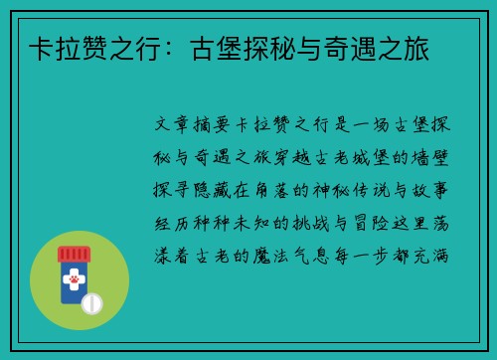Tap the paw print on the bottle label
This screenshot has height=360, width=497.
click(x=72, y=282)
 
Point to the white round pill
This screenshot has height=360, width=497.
click(x=91, y=301)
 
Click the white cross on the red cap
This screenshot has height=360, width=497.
click(x=72, y=255)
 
